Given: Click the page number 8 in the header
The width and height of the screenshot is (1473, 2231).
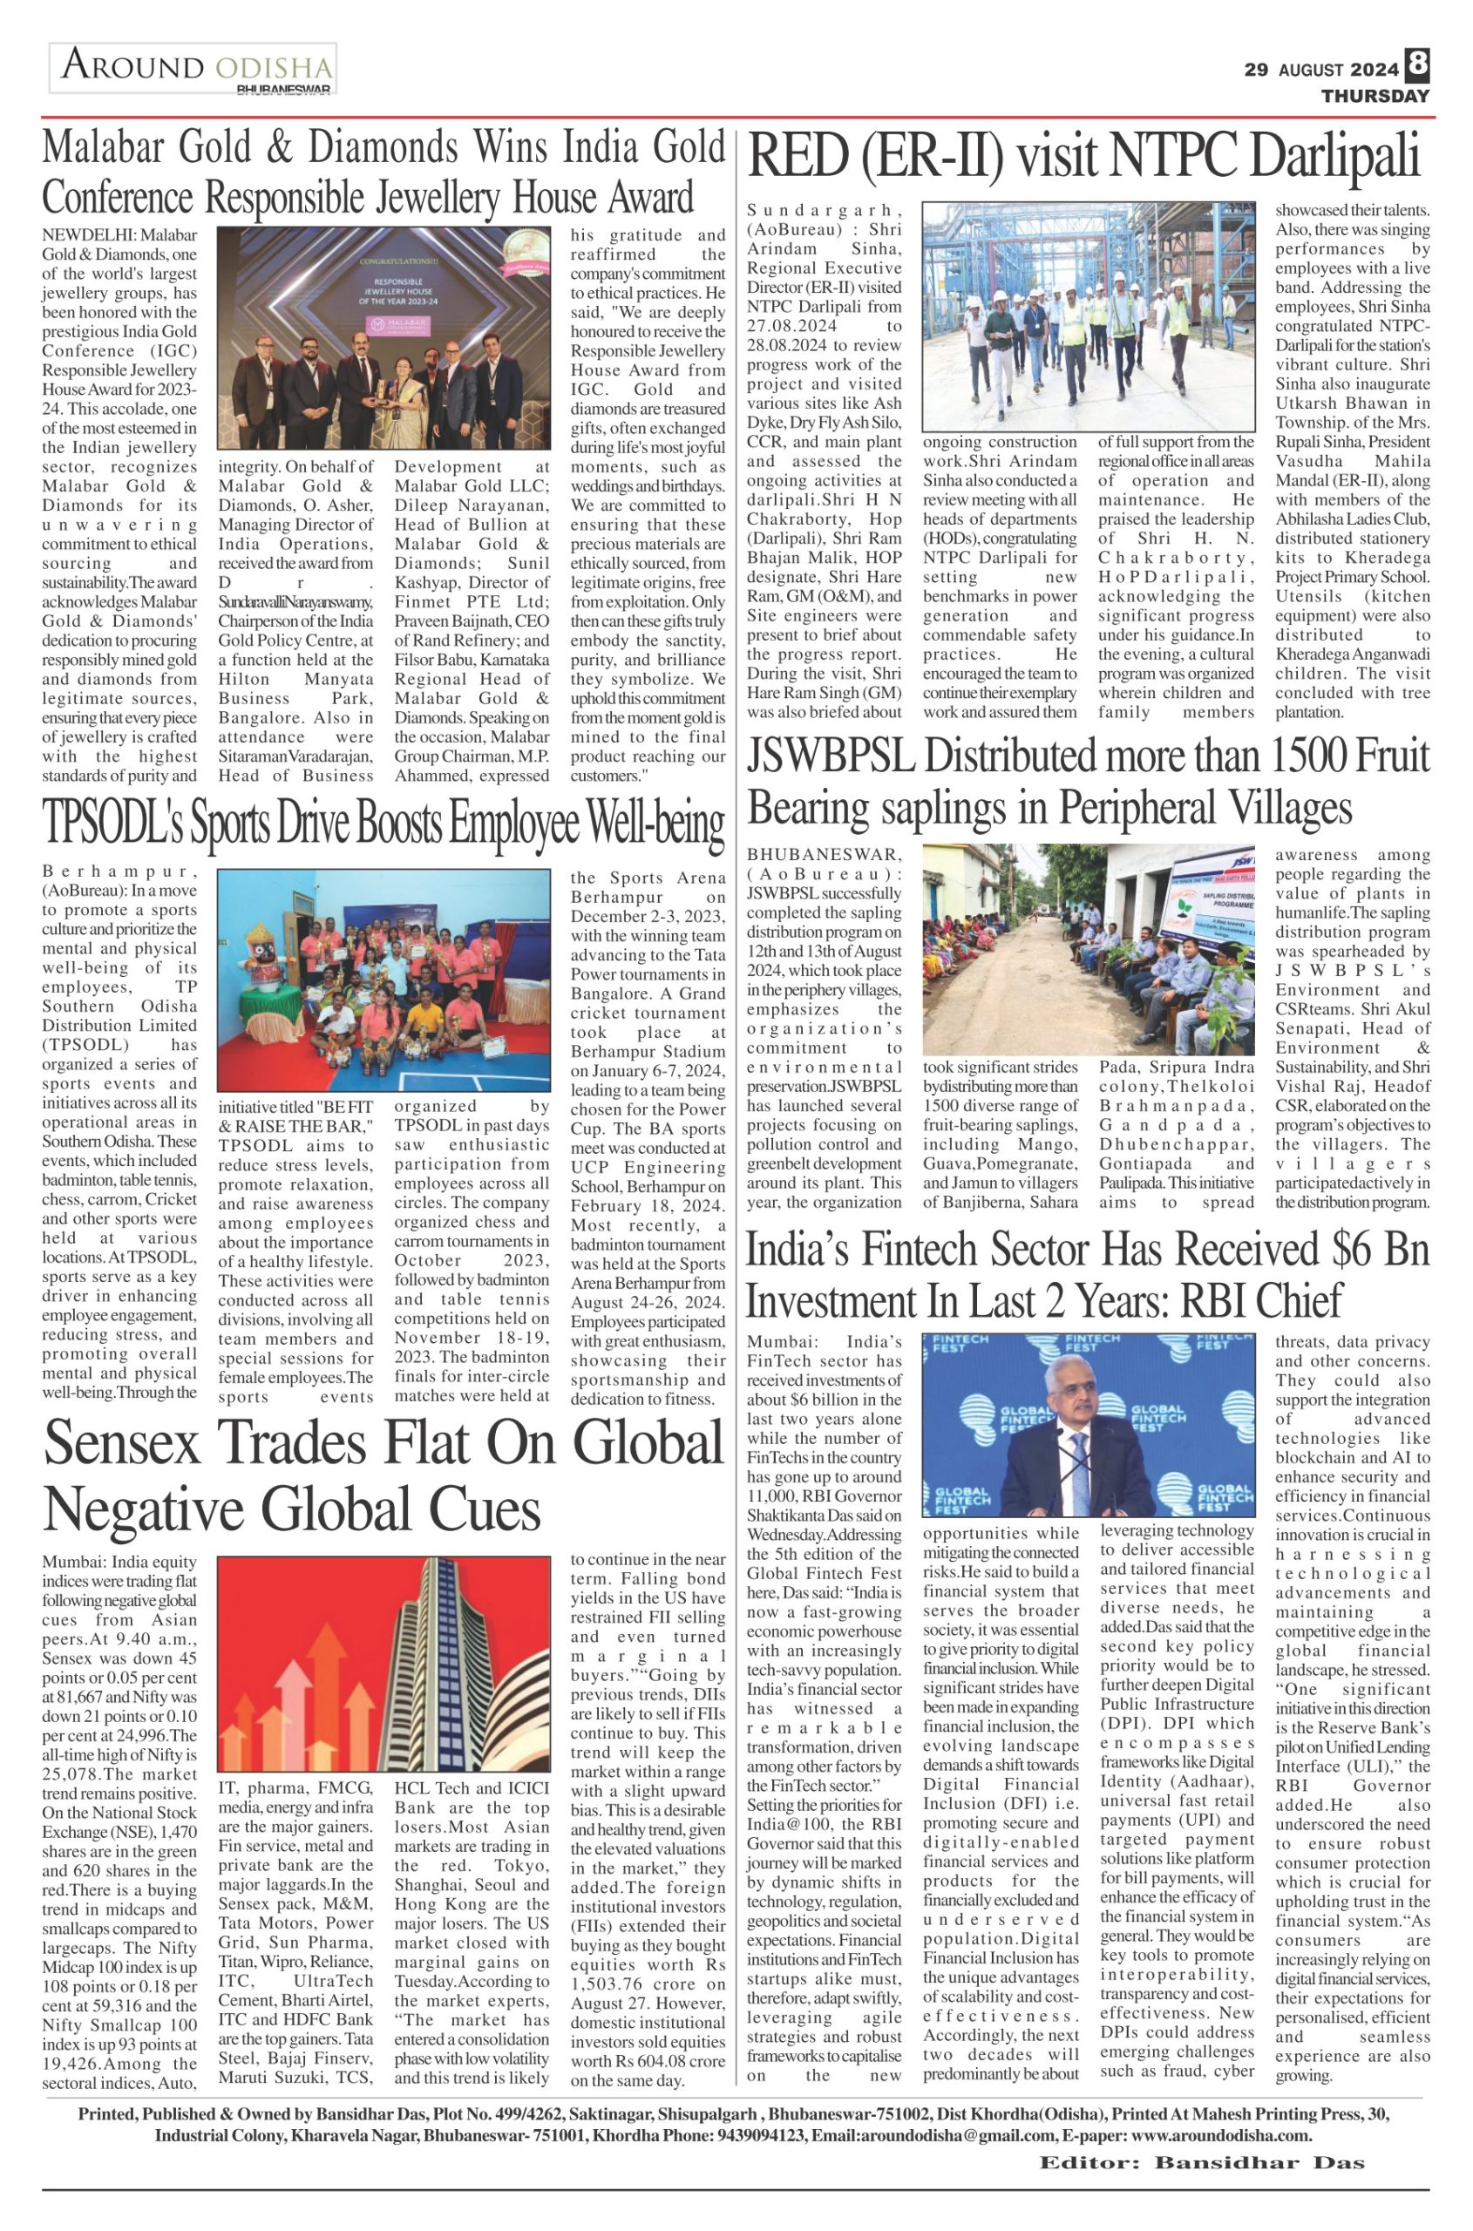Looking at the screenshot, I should (1417, 64).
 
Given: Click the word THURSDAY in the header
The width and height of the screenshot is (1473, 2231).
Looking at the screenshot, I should (1375, 96).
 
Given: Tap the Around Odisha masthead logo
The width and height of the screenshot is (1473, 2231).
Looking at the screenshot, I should (193, 69).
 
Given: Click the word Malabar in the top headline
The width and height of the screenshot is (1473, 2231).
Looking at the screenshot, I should (102, 147).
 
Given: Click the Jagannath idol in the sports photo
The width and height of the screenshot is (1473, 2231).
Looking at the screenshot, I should (263, 981).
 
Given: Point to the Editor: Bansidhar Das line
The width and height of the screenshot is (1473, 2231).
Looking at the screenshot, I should (1202, 2137).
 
